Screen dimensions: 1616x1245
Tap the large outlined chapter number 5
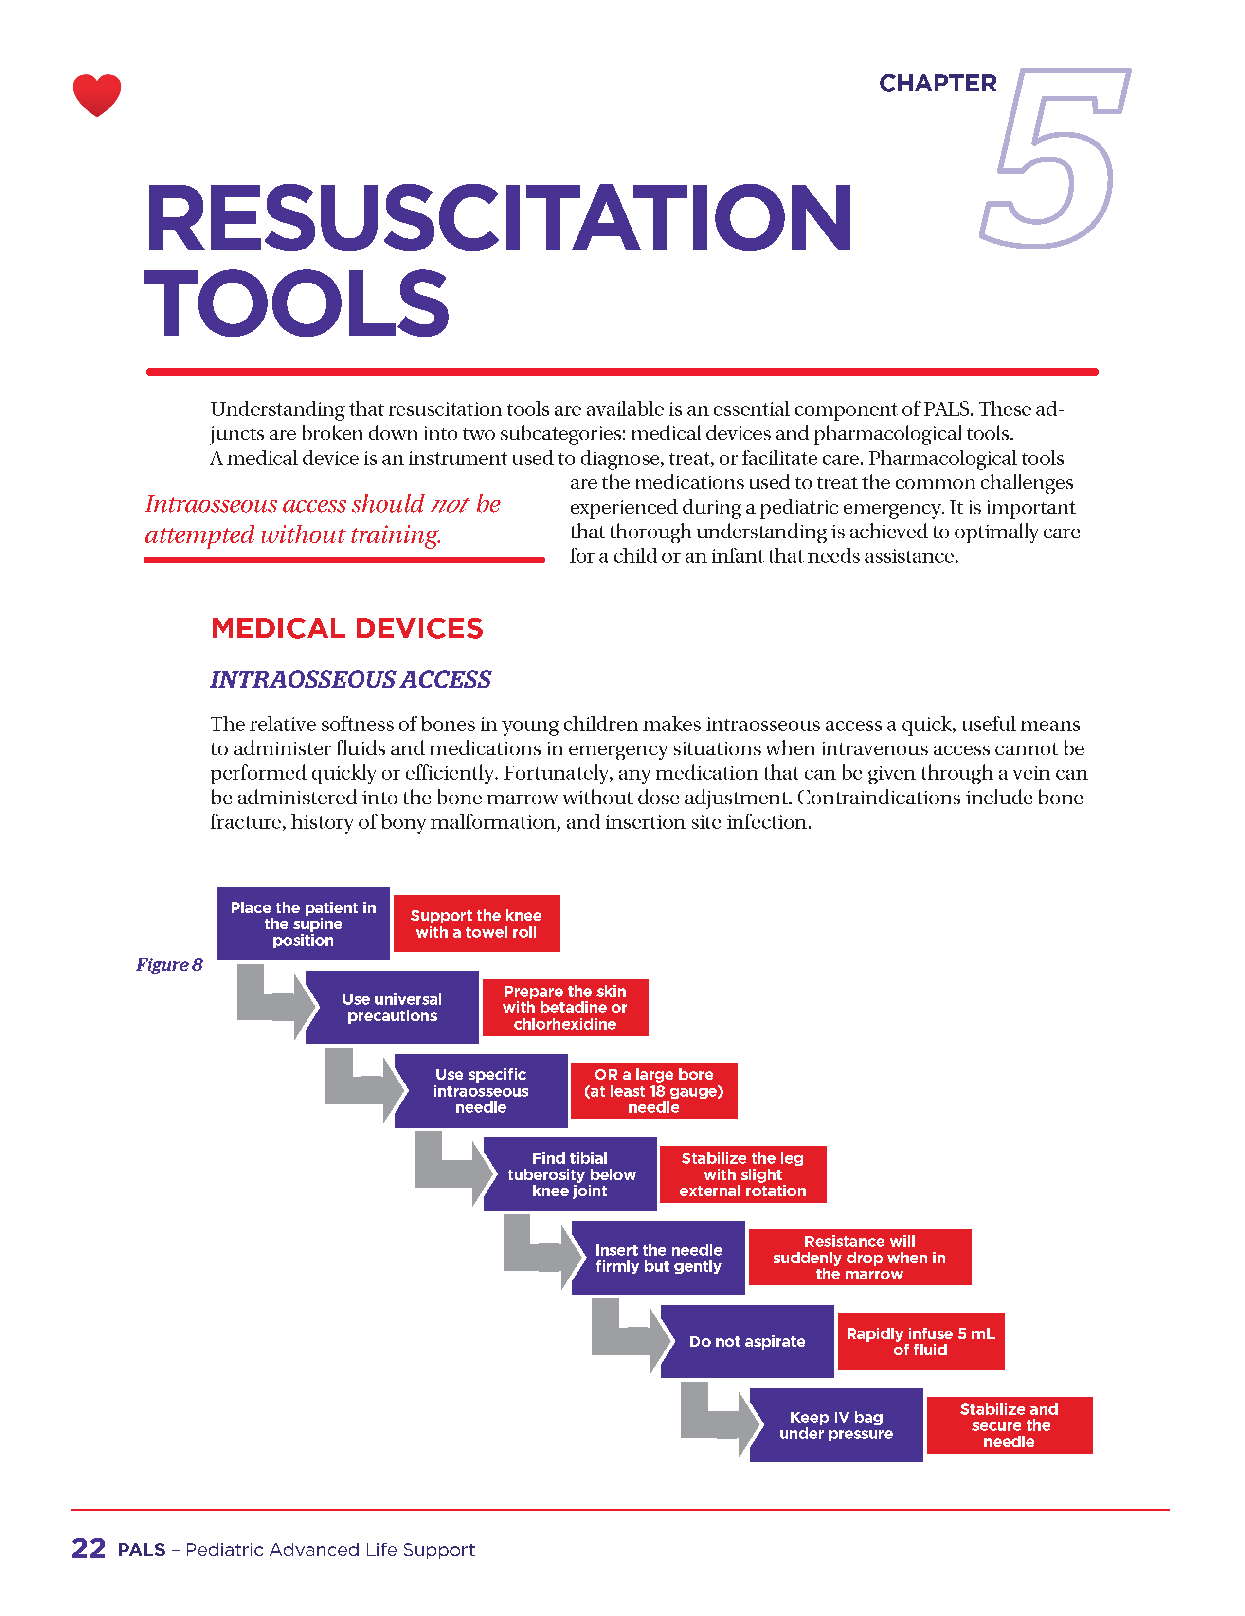(1055, 159)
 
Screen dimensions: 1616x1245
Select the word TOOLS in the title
(297, 303)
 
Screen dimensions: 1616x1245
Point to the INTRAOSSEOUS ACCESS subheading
(350, 679)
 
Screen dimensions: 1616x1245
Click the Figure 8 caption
(169, 965)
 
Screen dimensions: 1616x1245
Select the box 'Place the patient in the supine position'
(303, 923)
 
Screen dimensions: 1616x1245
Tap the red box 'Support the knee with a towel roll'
(476, 923)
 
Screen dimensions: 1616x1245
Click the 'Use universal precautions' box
(392, 1007)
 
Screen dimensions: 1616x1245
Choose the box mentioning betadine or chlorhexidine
(565, 1007)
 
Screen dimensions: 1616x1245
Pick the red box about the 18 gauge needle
(653, 1091)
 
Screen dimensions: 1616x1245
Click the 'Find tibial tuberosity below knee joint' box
(569, 1174)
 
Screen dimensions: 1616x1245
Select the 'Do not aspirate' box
(747, 1342)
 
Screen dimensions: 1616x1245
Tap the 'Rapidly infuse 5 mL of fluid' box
(920, 1342)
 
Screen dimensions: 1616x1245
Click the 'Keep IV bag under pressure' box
(836, 1425)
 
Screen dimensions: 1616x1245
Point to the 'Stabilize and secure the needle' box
(1009, 1425)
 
